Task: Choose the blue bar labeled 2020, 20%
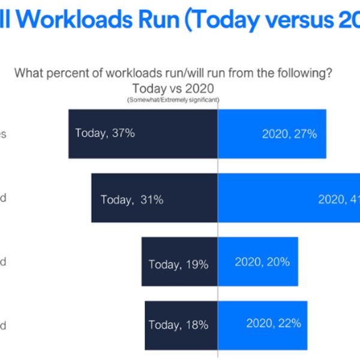(x=258, y=276)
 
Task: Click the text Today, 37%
(x=105, y=133)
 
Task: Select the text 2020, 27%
(x=289, y=134)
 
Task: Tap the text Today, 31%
(x=132, y=200)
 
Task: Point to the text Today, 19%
(x=178, y=264)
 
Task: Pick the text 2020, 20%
(x=262, y=262)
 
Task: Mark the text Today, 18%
(x=178, y=325)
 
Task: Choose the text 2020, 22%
(x=274, y=323)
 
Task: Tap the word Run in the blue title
(x=163, y=20)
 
